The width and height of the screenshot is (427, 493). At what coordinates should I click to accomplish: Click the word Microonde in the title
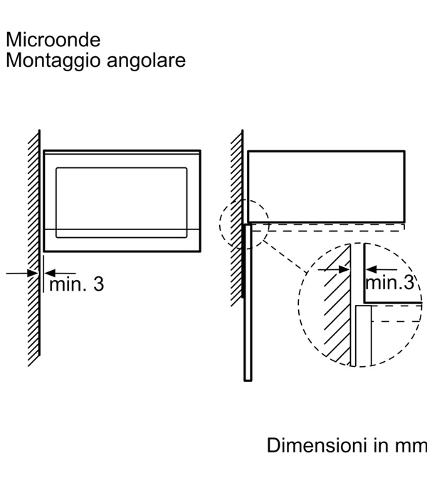(53, 38)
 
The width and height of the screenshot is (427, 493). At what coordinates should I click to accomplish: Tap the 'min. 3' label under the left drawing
(76, 284)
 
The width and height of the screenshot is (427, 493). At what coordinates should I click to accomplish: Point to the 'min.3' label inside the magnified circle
(389, 283)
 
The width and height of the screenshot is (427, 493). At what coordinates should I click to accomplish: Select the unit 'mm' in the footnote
(412, 446)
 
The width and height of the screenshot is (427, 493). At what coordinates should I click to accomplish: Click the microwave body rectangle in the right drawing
(326, 185)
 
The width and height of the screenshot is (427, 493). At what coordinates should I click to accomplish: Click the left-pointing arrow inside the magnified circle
(377, 269)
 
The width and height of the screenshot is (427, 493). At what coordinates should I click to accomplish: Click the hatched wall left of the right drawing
(237, 214)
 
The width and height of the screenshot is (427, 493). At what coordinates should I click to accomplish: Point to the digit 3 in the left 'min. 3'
(97, 284)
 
